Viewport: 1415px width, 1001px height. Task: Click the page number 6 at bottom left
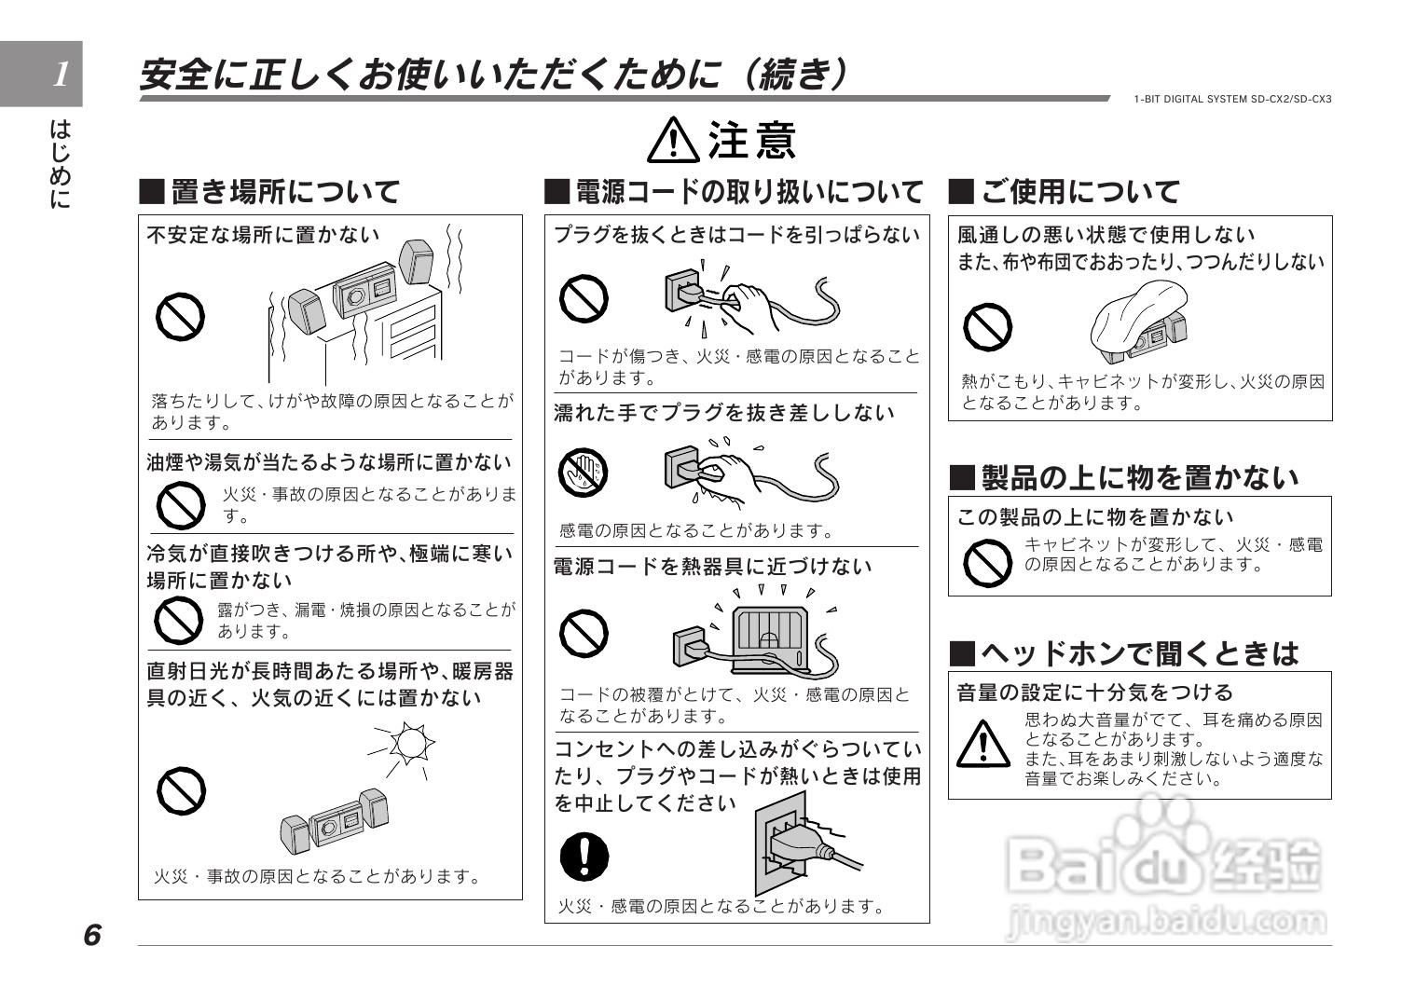[x=91, y=935]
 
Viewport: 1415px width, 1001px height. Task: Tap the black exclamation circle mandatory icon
[x=584, y=856]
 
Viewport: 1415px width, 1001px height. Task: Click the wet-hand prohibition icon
[x=583, y=473]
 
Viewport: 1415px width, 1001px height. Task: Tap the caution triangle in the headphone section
[x=983, y=743]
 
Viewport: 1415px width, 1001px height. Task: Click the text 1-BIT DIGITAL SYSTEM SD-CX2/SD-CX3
[x=1232, y=99]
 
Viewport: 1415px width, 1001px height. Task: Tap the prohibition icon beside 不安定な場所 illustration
[x=180, y=318]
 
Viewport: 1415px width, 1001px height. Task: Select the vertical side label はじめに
[x=60, y=163]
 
